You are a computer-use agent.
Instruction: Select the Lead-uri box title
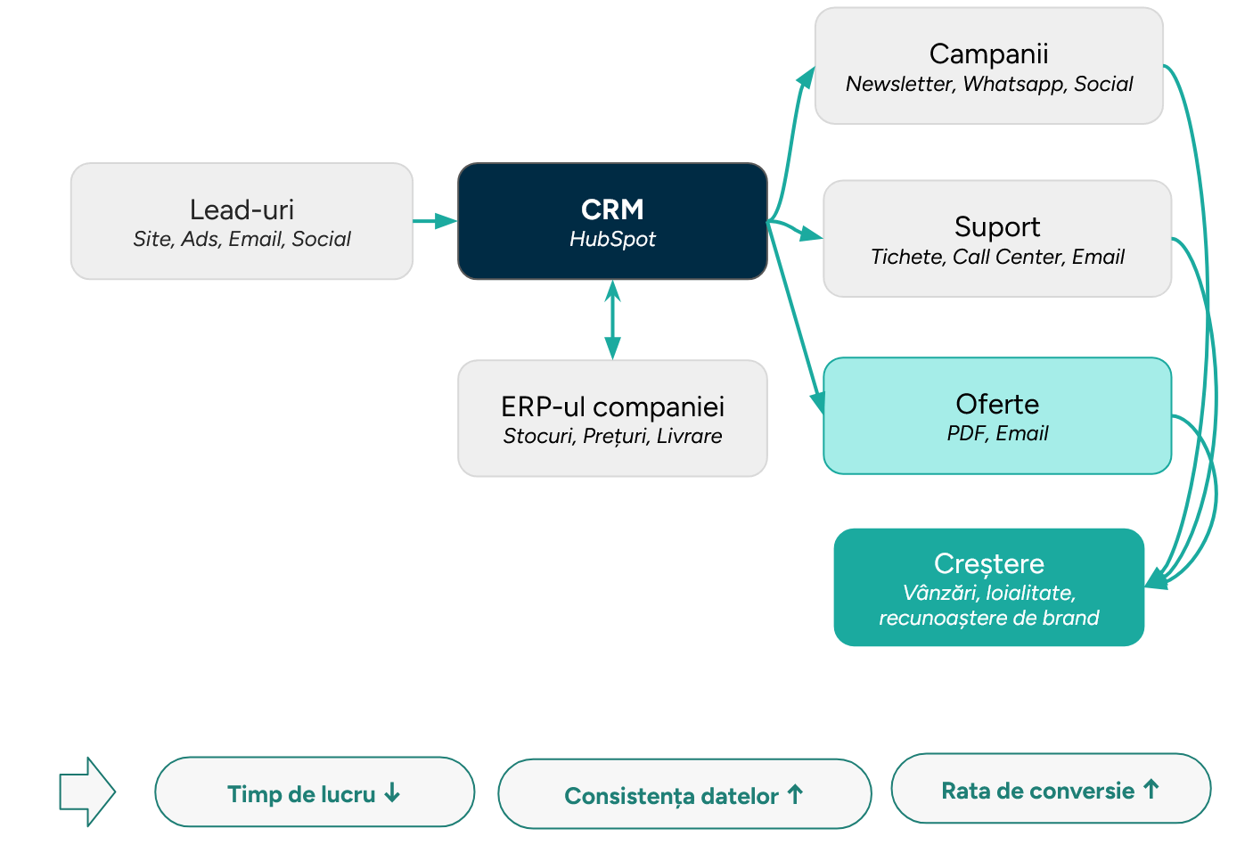tap(242, 209)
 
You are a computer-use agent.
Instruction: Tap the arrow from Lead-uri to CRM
tap(435, 220)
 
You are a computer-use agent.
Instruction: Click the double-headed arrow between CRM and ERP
tap(611, 320)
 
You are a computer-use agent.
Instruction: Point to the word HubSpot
tap(612, 239)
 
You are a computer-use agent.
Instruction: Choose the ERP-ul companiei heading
tap(612, 406)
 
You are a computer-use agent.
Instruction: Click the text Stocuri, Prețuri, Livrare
tap(612, 436)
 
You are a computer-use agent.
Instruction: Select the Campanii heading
tap(988, 53)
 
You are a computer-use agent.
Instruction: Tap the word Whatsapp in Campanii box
tap(1013, 84)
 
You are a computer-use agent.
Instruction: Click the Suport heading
tap(996, 226)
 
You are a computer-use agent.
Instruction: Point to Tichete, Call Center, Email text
tap(996, 257)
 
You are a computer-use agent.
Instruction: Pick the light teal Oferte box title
tap(996, 404)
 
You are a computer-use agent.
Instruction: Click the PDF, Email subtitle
tap(996, 433)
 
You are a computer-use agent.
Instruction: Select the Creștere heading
tap(988, 563)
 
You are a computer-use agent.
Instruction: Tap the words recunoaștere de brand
tap(988, 618)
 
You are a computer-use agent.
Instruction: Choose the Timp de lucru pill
tap(314, 793)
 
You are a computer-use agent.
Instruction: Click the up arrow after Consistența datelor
tap(796, 794)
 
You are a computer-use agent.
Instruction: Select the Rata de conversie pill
tap(1050, 790)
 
